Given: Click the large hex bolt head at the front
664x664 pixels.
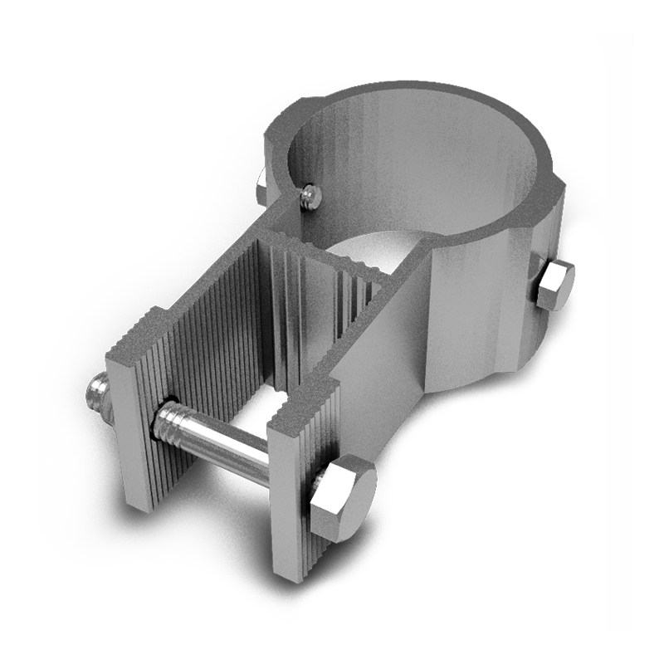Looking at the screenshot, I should coord(342,496).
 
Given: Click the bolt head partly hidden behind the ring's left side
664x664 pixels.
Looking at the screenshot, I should coord(261,188).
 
